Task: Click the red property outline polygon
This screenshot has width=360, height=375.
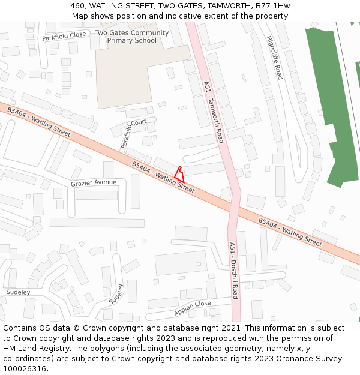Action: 179,175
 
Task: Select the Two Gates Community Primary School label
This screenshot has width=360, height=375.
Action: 131,37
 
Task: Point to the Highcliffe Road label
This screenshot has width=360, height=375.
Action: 274,58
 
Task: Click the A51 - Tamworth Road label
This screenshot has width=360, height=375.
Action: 214,112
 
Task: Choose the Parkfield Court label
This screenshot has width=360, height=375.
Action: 133,133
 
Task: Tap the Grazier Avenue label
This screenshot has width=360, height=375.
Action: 94,182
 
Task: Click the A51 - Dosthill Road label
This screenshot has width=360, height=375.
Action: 234,271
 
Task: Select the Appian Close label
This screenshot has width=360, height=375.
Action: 193,308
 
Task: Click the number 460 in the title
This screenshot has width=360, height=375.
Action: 78,6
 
